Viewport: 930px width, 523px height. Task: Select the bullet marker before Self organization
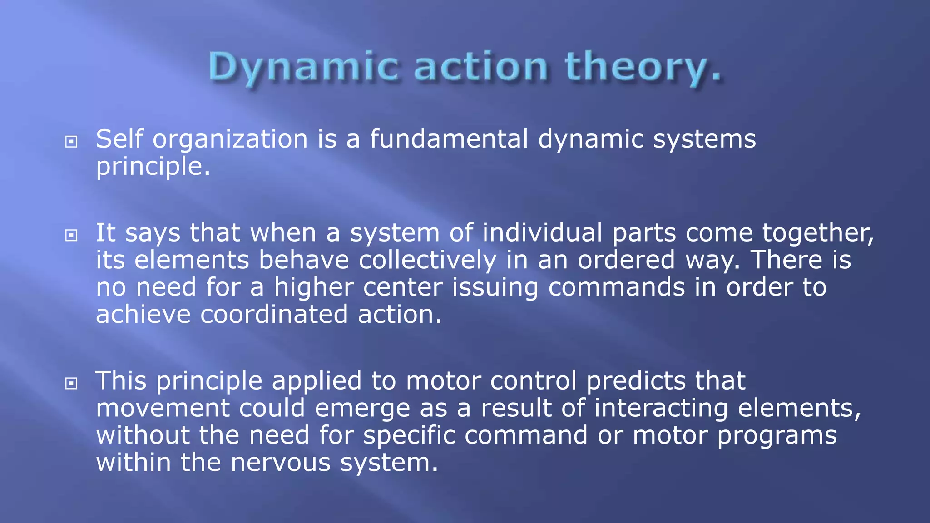[71, 142]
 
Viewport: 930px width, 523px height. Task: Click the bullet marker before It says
[71, 235]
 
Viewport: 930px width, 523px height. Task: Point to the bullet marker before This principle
[71, 384]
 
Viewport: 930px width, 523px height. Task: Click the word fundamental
[449, 139]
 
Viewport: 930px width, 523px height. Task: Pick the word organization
[230, 140]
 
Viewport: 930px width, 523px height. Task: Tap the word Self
[119, 139]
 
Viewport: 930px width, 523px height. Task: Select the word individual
[542, 232]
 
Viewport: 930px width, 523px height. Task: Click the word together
[817, 233]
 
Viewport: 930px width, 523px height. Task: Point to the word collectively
[427, 260]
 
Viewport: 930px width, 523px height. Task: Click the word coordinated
[274, 314]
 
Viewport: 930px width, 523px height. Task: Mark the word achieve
[143, 314]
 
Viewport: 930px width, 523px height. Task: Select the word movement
[162, 408]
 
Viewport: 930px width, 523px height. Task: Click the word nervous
[280, 463]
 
